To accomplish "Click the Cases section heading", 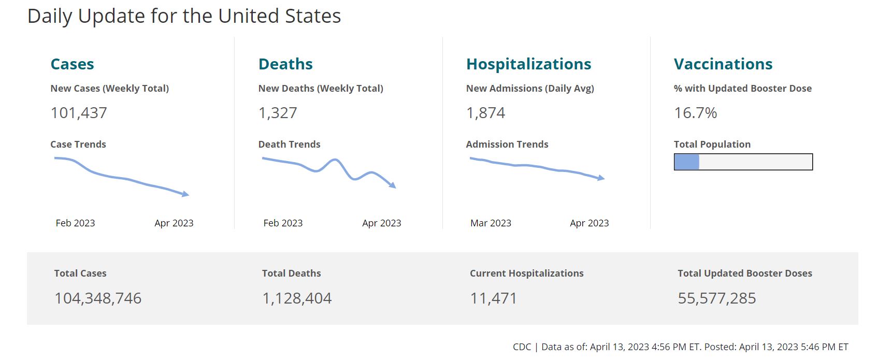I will tap(72, 64).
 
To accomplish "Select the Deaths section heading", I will tap(285, 64).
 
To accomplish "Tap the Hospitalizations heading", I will tap(528, 64).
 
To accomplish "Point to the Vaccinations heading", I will tap(723, 64).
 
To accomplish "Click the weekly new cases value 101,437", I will tap(79, 113).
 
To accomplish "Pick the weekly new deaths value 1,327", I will tap(278, 113).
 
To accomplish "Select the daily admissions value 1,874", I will tap(485, 113).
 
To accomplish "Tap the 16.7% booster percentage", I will tap(695, 113).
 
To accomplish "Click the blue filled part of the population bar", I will tap(686, 162).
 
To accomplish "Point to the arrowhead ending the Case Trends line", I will tap(186, 194).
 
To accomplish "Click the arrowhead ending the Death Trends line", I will tap(393, 185).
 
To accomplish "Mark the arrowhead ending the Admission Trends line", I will tap(601, 178).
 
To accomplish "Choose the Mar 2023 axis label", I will tap(491, 223).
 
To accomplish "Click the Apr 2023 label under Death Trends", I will tap(381, 223).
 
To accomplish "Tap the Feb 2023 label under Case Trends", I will tap(75, 223).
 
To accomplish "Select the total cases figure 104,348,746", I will tap(98, 298).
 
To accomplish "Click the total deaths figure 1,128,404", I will tap(297, 298).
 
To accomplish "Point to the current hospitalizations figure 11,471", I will tap(493, 298).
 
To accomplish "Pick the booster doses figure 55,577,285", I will tap(717, 298).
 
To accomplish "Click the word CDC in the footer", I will tap(522, 347).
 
